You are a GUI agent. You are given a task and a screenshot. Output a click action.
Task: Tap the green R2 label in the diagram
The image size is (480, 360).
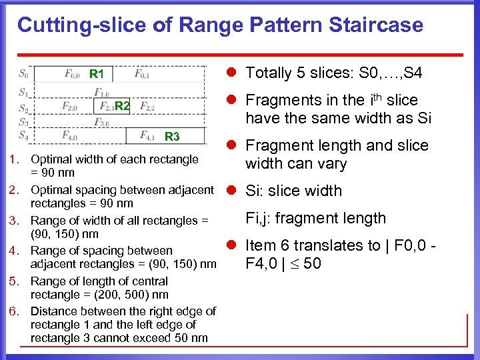(121, 105)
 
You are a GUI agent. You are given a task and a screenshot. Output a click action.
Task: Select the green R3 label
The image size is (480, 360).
(172, 137)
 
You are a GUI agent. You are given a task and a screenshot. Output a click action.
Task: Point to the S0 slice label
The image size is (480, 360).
(24, 73)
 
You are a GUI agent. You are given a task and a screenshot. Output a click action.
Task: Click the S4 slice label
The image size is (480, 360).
(24, 135)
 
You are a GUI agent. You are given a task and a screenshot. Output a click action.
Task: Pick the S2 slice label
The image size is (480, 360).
(24, 107)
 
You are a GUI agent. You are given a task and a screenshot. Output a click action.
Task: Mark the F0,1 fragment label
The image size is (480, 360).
(142, 73)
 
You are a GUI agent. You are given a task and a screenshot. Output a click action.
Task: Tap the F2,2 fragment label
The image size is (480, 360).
(147, 107)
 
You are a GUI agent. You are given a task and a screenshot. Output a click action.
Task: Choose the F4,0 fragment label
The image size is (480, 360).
(70, 135)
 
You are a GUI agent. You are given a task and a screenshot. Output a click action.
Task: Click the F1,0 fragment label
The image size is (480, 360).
(102, 92)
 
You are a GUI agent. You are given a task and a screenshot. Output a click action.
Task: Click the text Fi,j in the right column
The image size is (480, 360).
(259, 218)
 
